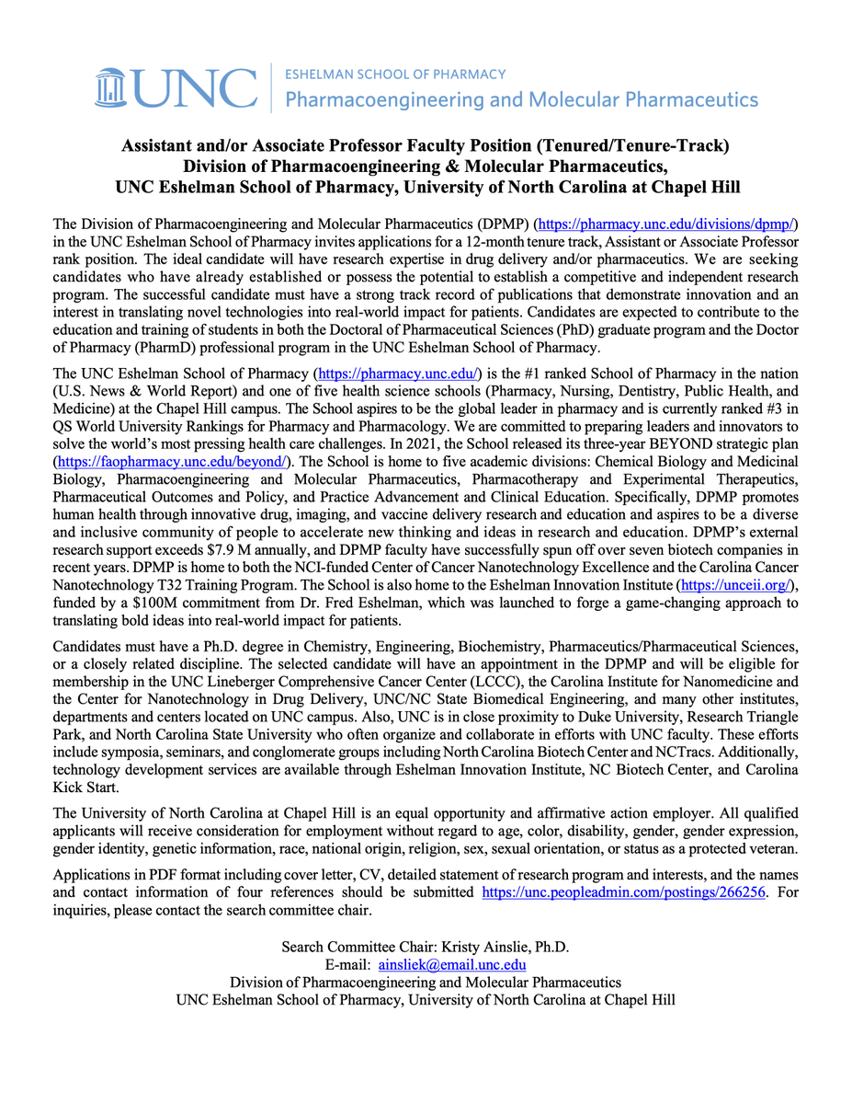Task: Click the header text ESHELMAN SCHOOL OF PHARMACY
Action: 396,74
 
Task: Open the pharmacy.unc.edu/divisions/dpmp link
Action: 665,225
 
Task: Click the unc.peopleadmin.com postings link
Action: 624,892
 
